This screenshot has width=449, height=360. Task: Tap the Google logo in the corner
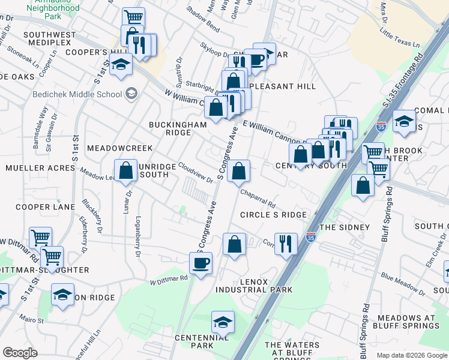(x=20, y=352)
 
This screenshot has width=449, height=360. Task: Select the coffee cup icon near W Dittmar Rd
(x=202, y=262)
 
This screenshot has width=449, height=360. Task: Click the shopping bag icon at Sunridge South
(x=126, y=170)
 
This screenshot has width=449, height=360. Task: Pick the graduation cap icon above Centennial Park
(x=223, y=322)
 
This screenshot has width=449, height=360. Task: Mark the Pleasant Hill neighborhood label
(x=282, y=86)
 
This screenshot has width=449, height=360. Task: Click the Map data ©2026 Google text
(x=411, y=355)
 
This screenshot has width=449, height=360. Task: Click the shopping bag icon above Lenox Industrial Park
(x=234, y=244)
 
